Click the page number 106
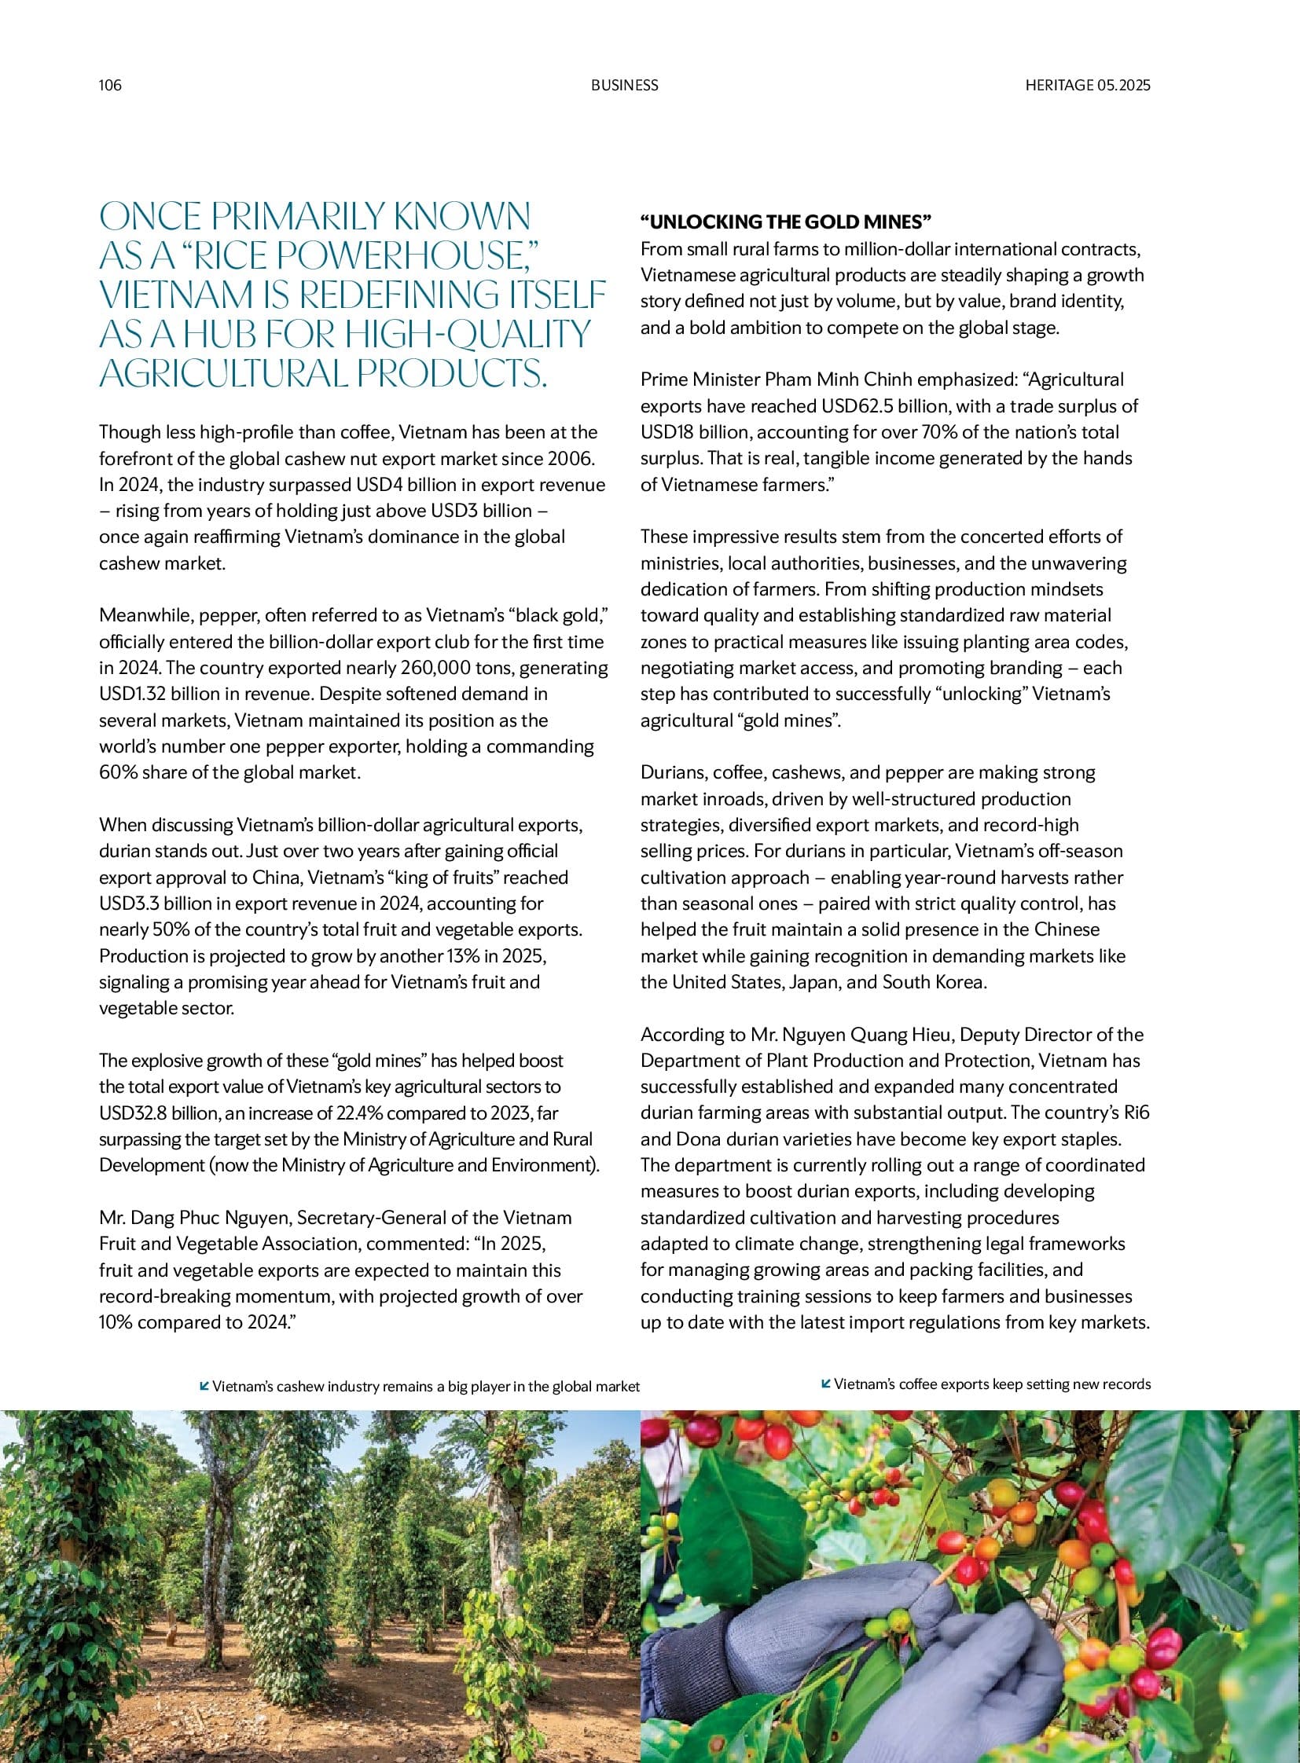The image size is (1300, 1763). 110,85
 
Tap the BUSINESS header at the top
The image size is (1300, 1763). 624,85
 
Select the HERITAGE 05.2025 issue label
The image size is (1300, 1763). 1088,85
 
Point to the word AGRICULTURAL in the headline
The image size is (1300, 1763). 222,375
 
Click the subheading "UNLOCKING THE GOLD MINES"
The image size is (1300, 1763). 785,222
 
